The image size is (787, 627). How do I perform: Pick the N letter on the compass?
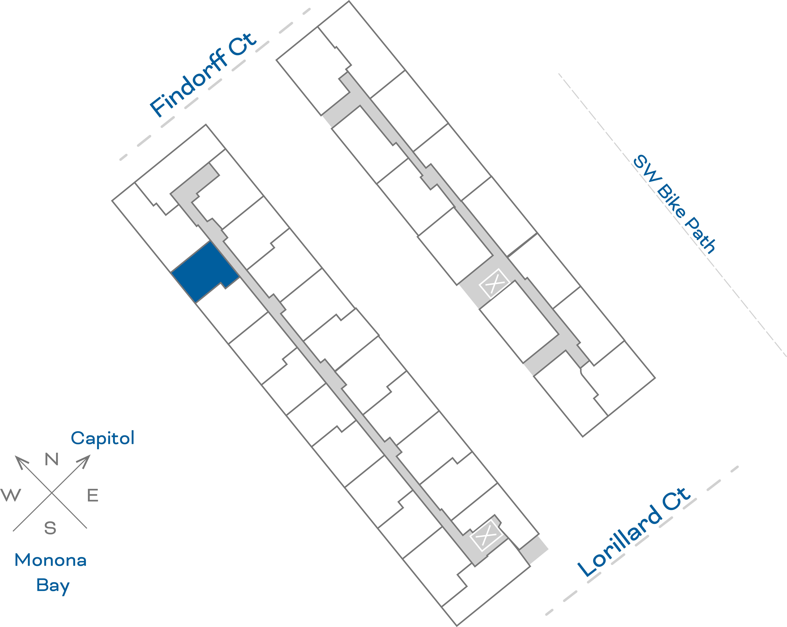(x=51, y=459)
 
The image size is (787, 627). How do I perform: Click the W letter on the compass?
(x=11, y=496)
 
